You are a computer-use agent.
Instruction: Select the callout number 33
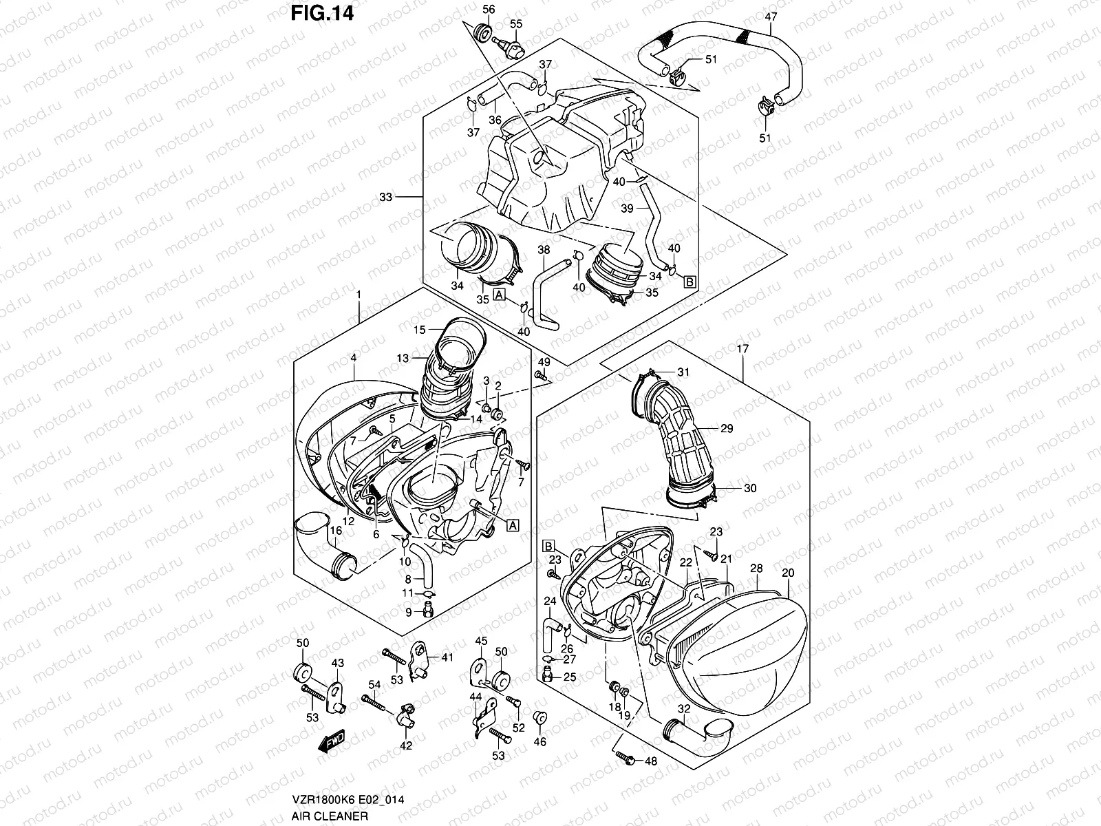coord(385,198)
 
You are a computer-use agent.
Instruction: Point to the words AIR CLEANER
coord(328,815)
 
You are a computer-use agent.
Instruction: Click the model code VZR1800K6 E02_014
coord(348,801)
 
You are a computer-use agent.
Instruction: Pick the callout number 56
coord(489,9)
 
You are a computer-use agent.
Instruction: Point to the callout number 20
coord(789,573)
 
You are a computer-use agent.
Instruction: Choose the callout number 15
coord(420,330)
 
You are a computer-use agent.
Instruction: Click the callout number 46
coord(541,741)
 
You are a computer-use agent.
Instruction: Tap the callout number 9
coord(408,611)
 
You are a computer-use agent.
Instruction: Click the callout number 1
coord(359,295)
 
